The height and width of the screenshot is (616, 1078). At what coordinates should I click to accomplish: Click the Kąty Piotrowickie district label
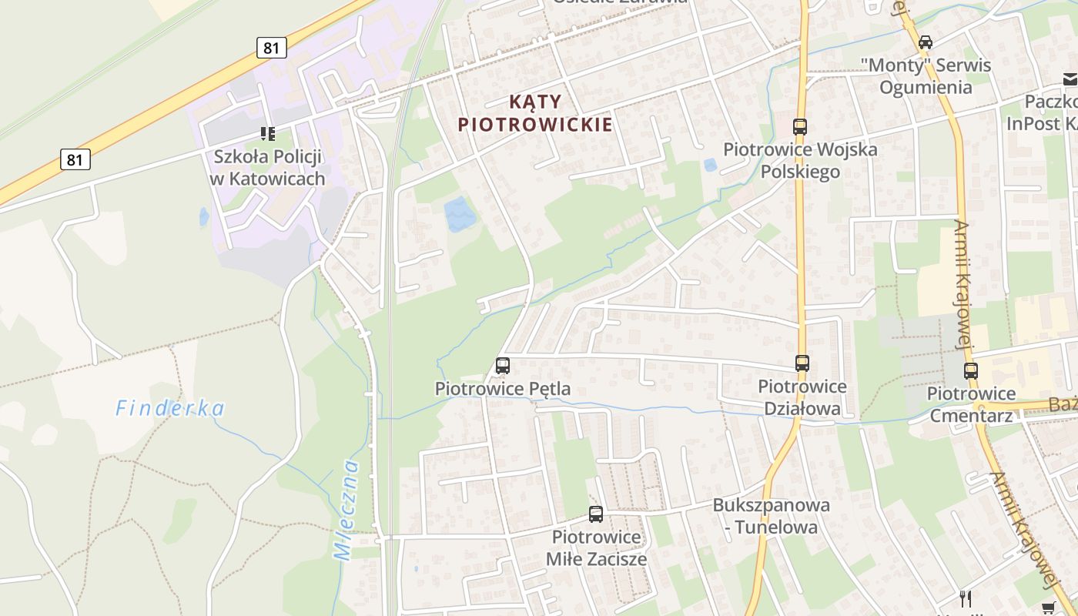(535, 112)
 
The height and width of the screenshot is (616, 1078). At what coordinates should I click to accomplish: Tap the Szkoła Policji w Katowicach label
(268, 167)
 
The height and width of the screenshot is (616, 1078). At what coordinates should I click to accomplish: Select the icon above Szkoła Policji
(267, 134)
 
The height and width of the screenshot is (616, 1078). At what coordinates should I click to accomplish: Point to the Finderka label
(170, 408)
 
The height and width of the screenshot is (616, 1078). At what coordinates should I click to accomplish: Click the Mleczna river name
(346, 509)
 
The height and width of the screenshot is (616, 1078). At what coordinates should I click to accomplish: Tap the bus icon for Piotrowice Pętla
(503, 366)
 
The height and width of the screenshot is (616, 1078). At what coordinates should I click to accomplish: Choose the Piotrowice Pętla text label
(503, 389)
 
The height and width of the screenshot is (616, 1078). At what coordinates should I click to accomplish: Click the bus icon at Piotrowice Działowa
(802, 363)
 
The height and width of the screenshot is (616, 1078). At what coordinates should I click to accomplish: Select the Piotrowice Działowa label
(802, 397)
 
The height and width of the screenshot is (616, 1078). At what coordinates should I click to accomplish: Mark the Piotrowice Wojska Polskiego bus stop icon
(800, 126)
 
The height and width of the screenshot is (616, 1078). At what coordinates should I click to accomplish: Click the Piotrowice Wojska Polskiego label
(800, 160)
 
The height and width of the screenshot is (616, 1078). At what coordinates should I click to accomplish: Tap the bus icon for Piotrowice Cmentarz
(971, 370)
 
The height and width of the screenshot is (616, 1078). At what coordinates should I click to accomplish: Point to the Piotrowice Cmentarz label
(970, 404)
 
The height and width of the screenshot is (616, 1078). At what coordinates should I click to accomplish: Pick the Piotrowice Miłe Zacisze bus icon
(596, 514)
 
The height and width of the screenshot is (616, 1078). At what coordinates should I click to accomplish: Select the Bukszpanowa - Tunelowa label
(772, 516)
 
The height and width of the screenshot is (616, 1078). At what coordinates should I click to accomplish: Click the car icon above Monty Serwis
(926, 42)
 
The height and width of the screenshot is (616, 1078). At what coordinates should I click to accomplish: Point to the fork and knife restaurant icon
(966, 598)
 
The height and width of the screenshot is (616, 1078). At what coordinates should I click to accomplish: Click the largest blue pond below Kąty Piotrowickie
(460, 213)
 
